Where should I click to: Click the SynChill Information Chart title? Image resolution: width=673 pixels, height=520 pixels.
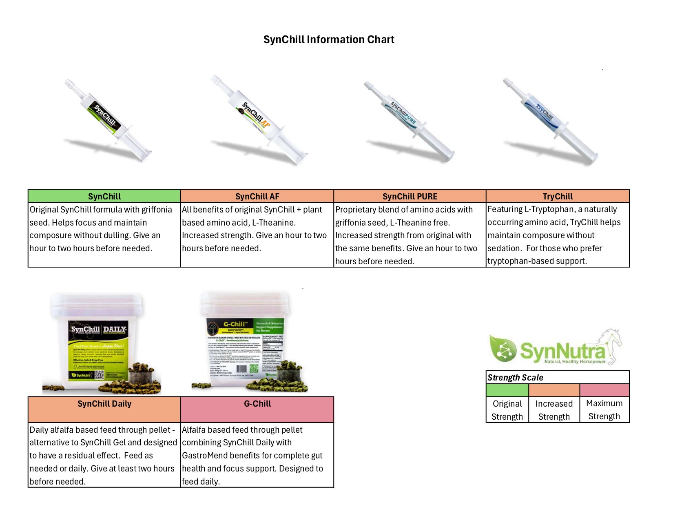(x=329, y=40)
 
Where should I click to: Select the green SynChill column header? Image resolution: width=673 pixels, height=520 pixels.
(x=104, y=196)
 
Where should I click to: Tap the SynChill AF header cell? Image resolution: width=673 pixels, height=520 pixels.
(x=257, y=196)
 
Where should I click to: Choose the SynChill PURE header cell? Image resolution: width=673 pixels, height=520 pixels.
(x=410, y=196)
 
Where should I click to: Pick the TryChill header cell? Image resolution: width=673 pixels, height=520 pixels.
(x=558, y=196)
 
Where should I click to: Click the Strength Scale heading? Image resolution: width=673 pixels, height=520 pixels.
(x=515, y=378)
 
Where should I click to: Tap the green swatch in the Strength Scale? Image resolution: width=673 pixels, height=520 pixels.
(x=507, y=390)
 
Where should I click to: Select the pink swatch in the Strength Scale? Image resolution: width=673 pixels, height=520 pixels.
(x=604, y=390)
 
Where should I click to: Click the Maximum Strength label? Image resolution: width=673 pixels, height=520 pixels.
(x=604, y=409)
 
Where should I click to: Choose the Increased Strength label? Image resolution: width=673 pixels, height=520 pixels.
(x=554, y=410)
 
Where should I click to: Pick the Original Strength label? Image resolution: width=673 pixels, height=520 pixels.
(x=507, y=410)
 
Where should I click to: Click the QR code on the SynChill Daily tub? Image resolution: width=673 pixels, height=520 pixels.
(x=100, y=374)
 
